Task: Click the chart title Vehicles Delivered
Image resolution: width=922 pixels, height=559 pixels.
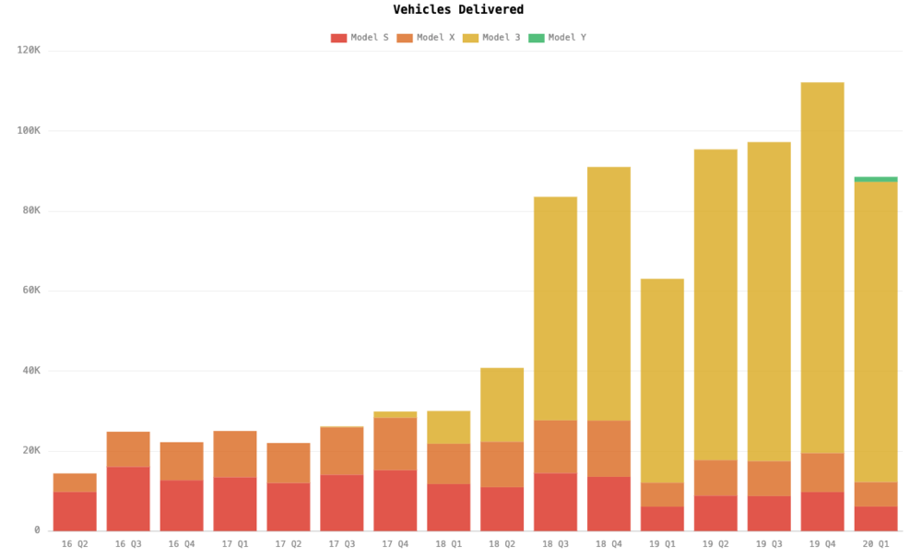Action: pyautogui.click(x=458, y=10)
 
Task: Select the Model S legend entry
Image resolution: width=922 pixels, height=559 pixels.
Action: pyautogui.click(x=360, y=38)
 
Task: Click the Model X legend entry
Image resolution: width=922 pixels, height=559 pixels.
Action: pyautogui.click(x=425, y=38)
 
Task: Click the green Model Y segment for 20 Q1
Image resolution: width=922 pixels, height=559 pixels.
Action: pyautogui.click(x=876, y=179)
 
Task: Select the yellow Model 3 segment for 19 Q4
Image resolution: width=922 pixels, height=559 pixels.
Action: pyautogui.click(x=822, y=268)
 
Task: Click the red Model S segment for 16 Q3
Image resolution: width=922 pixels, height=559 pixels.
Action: pyautogui.click(x=128, y=499)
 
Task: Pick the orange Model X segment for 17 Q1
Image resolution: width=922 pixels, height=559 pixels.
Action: pyautogui.click(x=235, y=454)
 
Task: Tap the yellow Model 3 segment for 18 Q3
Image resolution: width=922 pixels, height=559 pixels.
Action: pyautogui.click(x=555, y=309)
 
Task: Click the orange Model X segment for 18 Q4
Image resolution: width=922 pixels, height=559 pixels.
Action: pyautogui.click(x=609, y=448)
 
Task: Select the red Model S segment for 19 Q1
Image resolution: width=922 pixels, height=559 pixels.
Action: pyautogui.click(x=662, y=518)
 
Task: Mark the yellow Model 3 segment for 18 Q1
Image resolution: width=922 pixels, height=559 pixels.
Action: pyautogui.click(x=448, y=427)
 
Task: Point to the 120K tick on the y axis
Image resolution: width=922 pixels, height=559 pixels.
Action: pyautogui.click(x=29, y=51)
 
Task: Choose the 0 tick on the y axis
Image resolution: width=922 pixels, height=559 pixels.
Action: pyautogui.click(x=37, y=530)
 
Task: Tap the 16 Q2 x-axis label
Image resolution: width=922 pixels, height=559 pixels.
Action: pyautogui.click(x=75, y=544)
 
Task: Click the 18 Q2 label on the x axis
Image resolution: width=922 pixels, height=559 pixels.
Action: pyautogui.click(x=502, y=544)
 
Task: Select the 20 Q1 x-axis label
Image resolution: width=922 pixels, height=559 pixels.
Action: pyautogui.click(x=876, y=544)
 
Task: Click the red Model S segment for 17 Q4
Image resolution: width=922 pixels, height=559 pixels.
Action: pyautogui.click(x=395, y=501)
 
